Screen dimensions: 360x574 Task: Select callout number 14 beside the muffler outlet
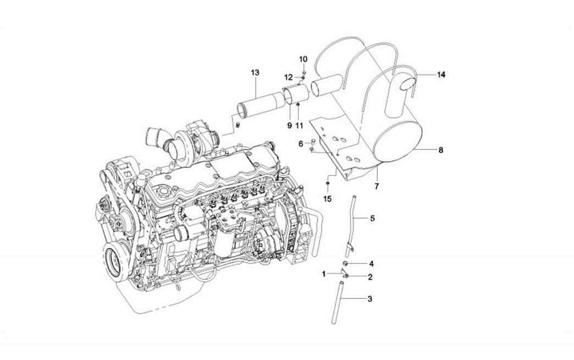point(441,75)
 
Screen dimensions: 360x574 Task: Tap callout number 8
point(440,149)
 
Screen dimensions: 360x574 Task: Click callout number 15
point(327,199)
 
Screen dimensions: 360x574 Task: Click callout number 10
point(303,58)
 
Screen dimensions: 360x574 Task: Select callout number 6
point(301,143)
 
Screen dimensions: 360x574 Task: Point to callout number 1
point(324,273)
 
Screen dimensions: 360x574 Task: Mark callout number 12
point(289,77)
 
